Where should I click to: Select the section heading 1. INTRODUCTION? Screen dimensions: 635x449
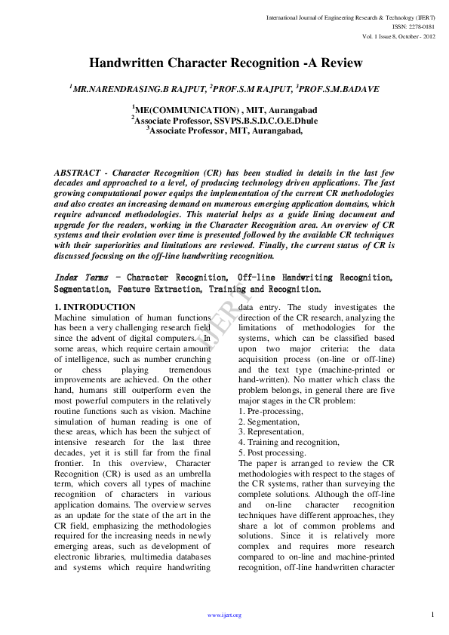(95, 308)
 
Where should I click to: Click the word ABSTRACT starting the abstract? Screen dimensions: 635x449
(79, 173)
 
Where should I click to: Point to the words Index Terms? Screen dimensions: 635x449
(81, 278)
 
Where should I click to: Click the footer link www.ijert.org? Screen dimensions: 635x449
(224, 615)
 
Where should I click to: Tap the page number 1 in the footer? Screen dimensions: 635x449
(433, 615)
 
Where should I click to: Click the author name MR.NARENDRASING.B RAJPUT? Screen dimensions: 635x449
(137, 89)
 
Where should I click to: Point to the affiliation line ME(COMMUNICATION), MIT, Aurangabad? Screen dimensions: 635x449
(224, 110)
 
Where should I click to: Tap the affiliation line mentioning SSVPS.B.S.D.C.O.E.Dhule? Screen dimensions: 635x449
(224, 120)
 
